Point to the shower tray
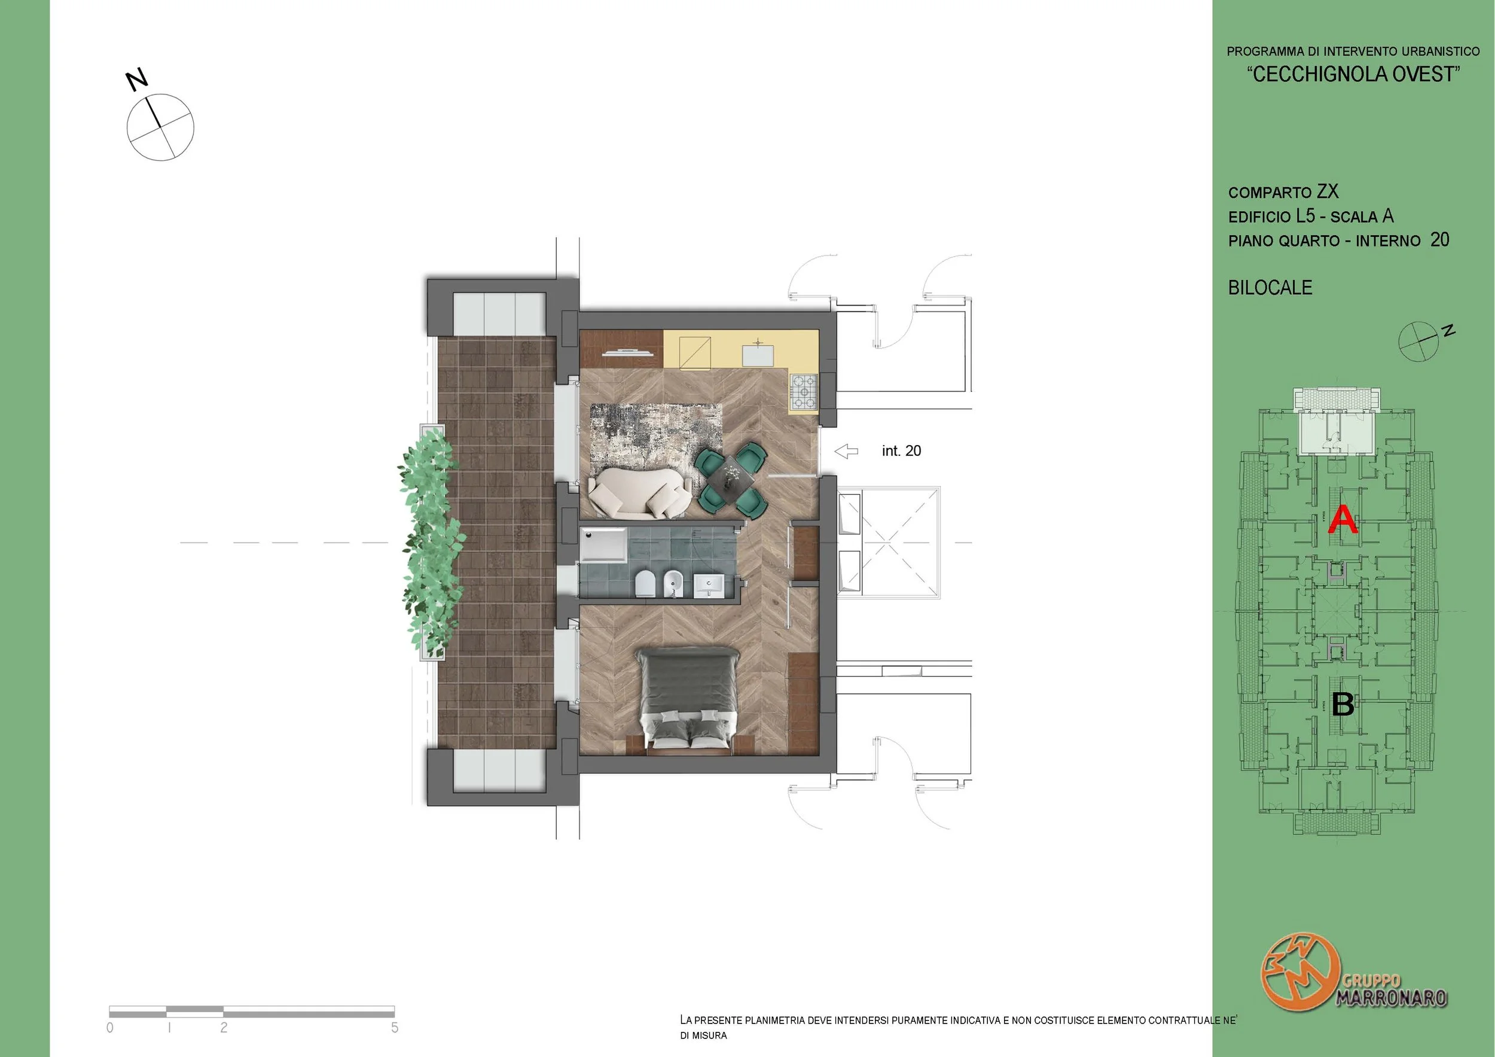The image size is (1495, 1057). click(603, 544)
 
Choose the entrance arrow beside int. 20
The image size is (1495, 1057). click(847, 450)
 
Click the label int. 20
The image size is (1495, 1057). click(901, 450)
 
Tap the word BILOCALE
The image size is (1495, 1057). click(1270, 288)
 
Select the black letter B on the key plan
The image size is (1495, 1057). click(1343, 704)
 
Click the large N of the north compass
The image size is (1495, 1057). click(138, 80)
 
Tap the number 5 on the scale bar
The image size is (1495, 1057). click(395, 1027)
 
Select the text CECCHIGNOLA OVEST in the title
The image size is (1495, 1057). click(1353, 74)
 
